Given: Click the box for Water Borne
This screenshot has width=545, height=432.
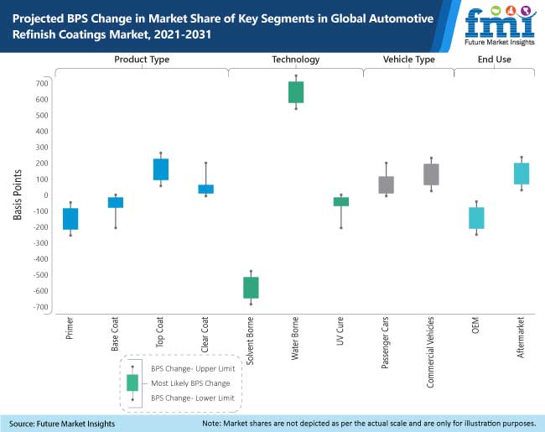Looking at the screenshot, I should [296, 92].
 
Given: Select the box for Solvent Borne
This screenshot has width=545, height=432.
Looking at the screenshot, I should [251, 288].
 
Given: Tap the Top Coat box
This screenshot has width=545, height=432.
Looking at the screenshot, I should [160, 169].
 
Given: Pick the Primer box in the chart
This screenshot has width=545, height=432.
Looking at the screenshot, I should [70, 219].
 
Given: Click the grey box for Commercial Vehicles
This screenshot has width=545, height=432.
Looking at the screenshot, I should [431, 174].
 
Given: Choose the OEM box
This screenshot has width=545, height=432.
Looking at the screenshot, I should [476, 218].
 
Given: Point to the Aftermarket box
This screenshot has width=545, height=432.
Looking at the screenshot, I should [522, 173].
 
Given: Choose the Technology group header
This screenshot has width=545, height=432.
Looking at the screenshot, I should [295, 60].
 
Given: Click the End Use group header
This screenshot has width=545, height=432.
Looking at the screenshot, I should [495, 60].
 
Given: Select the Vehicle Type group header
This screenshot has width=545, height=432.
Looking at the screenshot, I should [408, 60].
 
